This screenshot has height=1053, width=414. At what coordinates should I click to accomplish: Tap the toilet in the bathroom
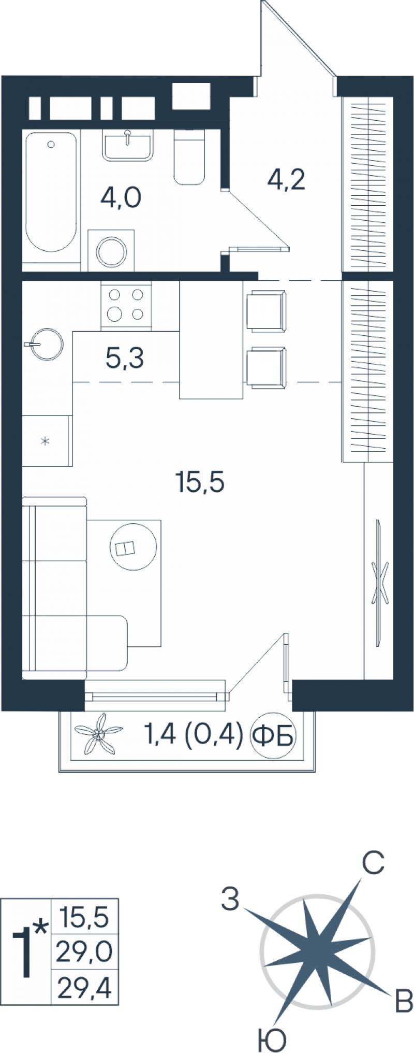189,156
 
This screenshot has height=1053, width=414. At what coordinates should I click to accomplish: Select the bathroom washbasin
127,145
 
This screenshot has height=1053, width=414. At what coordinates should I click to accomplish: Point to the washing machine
111,251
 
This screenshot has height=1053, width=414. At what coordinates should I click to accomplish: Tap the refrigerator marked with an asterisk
46,440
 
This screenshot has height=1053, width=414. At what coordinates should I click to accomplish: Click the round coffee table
133,547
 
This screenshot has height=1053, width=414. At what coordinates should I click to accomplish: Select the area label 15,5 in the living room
200,483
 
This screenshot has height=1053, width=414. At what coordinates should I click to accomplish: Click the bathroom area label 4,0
121,197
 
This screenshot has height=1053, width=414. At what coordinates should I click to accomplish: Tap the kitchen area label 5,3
125,358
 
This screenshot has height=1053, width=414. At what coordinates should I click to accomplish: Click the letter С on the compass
373,863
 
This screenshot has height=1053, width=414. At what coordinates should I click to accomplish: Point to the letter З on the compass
230,899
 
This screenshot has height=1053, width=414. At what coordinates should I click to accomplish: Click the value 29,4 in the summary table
84,991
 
